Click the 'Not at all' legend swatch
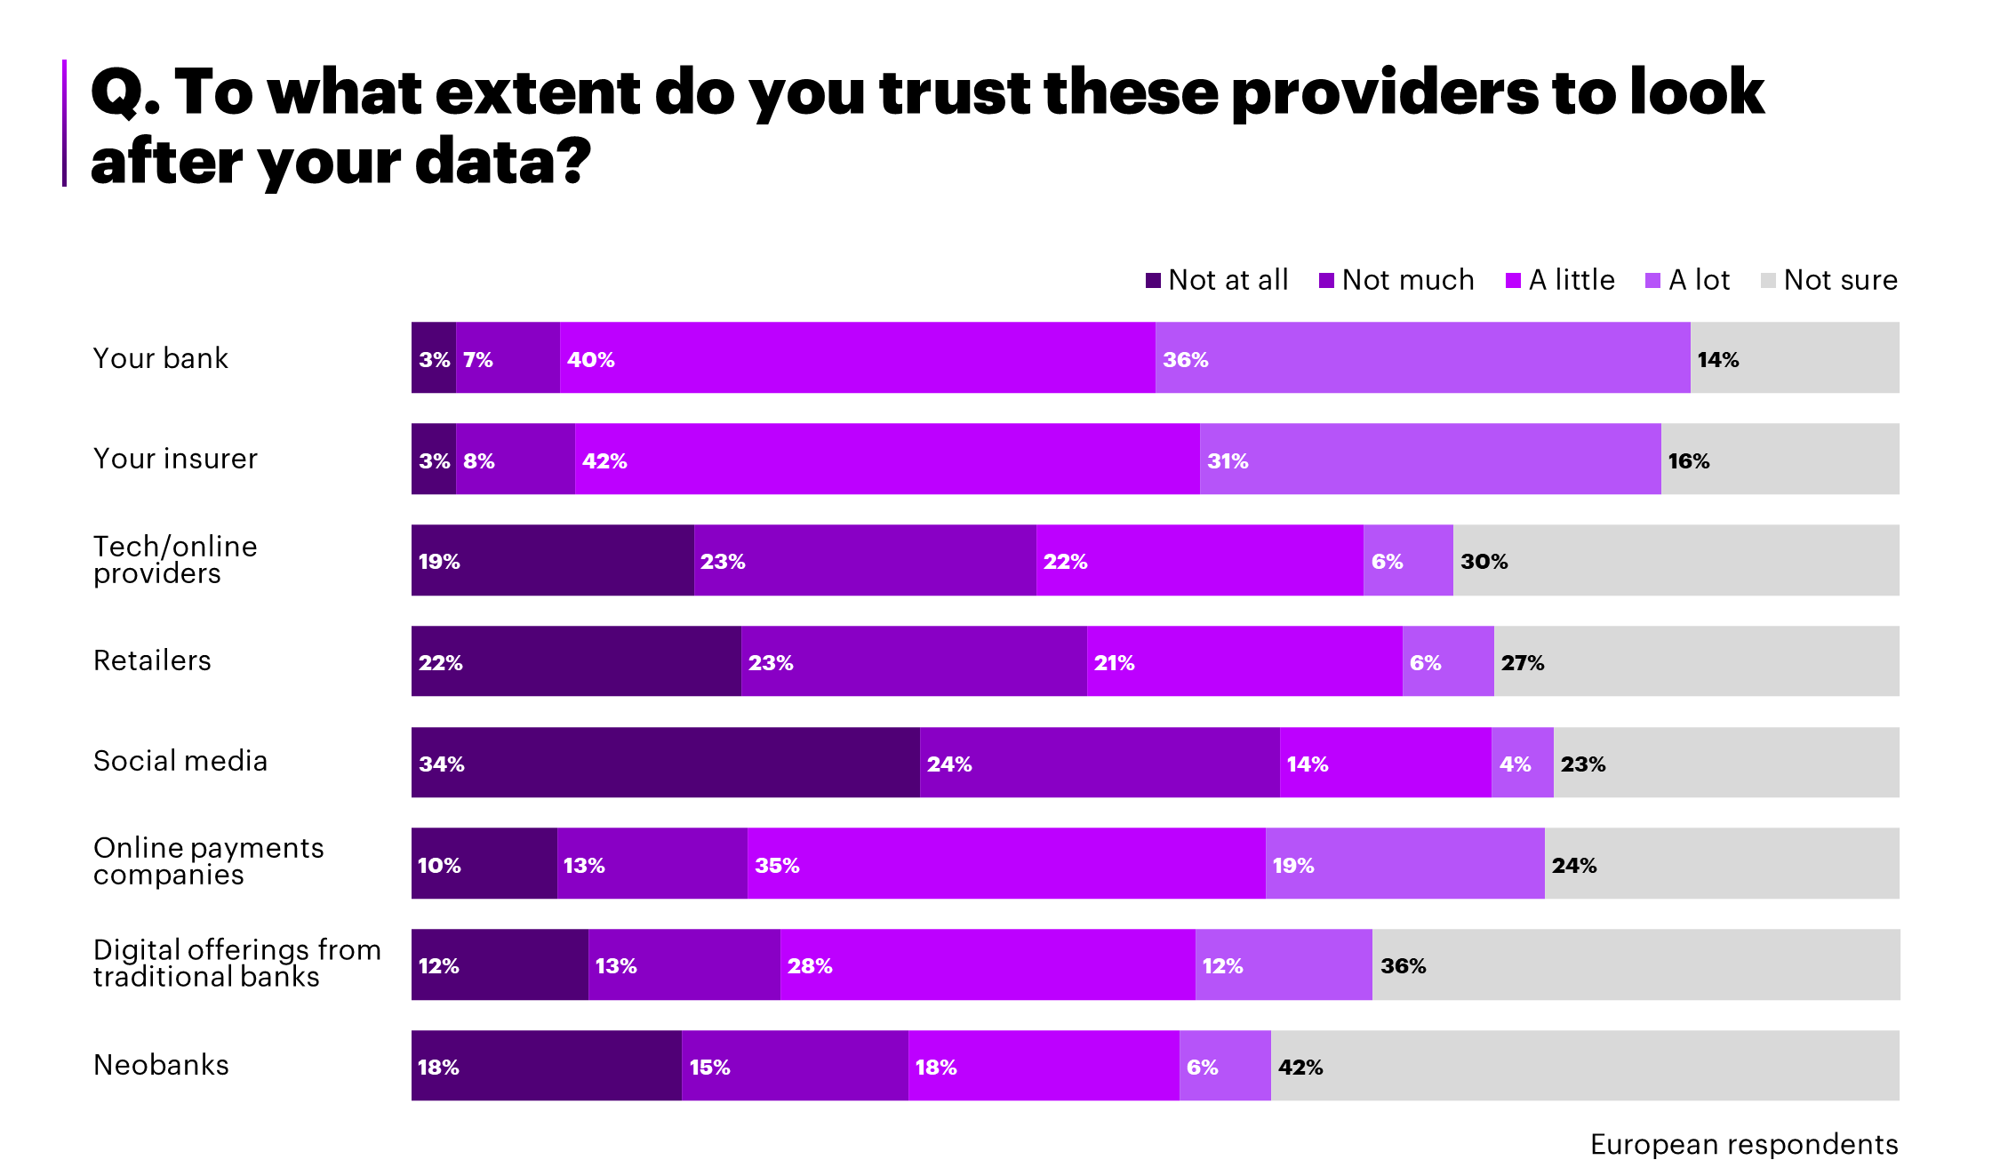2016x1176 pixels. [1153, 281]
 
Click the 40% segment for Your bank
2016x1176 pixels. [858, 357]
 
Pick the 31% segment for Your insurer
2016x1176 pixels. [1429, 459]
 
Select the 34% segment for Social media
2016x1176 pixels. [665, 763]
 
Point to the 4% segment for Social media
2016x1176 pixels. [1522, 763]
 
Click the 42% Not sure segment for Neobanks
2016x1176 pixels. [1585, 1066]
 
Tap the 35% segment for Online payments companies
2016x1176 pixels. [1006, 863]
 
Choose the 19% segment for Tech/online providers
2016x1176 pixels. [552, 560]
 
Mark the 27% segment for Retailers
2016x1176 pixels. [1696, 661]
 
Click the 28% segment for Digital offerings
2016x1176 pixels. [988, 964]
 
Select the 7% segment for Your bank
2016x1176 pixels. [508, 357]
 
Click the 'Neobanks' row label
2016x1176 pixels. [161, 1065]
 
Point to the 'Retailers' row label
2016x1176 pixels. [152, 660]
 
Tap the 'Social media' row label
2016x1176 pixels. [180, 762]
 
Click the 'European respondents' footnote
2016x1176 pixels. [1743, 1144]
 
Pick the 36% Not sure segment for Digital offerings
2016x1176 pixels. [1636, 964]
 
